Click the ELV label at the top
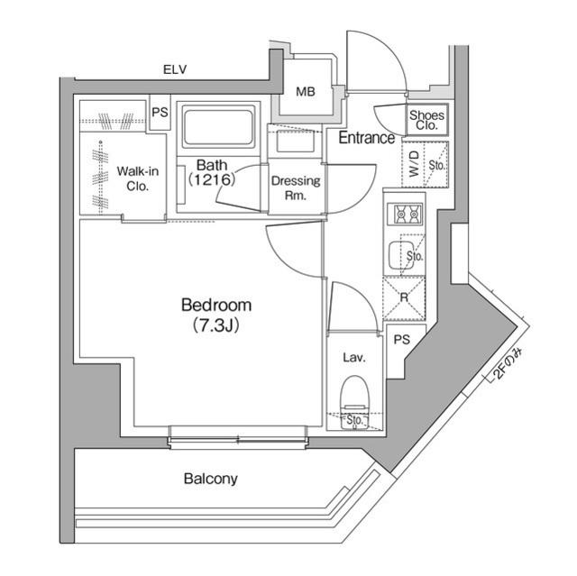175,69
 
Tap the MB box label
307,90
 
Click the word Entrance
366,138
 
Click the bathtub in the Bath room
218,125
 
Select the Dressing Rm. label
296,187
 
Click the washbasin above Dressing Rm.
295,142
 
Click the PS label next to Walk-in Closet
160,113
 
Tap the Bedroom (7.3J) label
215,315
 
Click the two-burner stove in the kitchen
402,215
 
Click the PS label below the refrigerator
402,339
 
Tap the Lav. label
353,358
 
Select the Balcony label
211,479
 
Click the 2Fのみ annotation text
505,363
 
